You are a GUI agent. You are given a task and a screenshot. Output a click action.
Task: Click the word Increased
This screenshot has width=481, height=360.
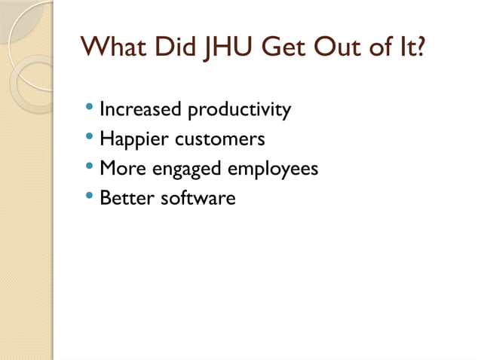pyautogui.click(x=141, y=110)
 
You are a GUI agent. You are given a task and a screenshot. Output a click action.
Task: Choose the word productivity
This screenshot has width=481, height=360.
pyautogui.click(x=239, y=110)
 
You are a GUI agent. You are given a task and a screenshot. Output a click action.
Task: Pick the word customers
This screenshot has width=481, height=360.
pyautogui.click(x=219, y=139)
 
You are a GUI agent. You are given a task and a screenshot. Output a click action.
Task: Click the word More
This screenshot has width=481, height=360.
pyautogui.click(x=124, y=169)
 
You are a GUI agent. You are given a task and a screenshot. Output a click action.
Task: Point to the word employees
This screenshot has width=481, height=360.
pyautogui.click(x=273, y=170)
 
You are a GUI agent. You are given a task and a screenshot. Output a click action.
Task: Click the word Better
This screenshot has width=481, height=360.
pyautogui.click(x=126, y=198)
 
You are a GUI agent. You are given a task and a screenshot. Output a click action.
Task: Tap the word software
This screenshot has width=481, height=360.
pyautogui.click(x=198, y=198)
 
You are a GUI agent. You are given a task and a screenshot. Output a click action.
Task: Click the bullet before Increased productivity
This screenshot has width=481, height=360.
pyautogui.click(x=90, y=110)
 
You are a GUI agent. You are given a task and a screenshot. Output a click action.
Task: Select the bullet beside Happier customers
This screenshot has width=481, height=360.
pyautogui.click(x=90, y=139)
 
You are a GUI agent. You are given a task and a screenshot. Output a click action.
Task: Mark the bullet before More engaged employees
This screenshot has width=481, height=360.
pyautogui.click(x=90, y=169)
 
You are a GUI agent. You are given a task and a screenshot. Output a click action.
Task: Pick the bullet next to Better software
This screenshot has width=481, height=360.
pyautogui.click(x=90, y=198)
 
